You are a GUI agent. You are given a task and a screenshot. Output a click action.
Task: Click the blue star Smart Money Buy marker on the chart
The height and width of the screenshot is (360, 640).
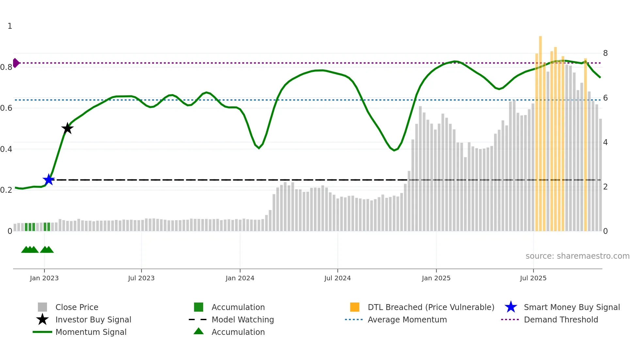point(49,180)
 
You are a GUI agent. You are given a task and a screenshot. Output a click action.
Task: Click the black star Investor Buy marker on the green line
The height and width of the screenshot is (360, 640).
point(67,128)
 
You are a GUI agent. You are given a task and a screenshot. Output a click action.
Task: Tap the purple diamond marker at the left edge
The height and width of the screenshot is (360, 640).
point(16,63)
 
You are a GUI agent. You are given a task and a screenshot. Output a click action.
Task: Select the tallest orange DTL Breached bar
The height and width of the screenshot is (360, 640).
point(540,131)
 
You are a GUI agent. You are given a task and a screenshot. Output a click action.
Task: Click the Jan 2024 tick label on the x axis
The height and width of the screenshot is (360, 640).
point(240,278)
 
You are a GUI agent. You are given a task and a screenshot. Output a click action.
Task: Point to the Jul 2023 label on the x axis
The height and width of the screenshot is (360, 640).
point(141,278)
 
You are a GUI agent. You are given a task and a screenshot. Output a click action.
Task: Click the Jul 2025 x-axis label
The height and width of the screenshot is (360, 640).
point(533,278)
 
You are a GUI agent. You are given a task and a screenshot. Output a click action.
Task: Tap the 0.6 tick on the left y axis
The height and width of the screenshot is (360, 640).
point(7,108)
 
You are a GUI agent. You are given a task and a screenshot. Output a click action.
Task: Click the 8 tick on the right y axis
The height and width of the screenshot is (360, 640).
point(605,53)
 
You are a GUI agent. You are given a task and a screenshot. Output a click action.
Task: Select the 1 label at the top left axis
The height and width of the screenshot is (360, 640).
point(10,26)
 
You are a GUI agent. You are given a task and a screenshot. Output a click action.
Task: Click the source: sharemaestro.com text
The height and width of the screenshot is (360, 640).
point(577,256)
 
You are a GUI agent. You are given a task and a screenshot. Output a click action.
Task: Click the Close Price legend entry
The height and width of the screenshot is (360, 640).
point(77,307)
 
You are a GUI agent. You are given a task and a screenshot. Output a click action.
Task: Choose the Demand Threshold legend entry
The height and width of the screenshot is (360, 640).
point(561,319)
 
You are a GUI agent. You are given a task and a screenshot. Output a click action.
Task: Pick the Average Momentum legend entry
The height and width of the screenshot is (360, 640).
point(407,319)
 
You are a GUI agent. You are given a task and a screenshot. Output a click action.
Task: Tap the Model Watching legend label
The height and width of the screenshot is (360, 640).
point(243,319)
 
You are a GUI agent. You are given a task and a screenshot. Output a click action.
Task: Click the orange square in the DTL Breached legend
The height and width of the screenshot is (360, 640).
point(355,307)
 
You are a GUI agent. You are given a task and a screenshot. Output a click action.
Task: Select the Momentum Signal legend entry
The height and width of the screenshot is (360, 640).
point(91,332)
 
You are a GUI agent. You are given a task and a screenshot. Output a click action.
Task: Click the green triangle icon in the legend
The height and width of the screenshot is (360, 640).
point(199,331)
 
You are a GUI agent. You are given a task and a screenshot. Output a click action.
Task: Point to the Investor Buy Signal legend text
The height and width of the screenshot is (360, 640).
point(93,319)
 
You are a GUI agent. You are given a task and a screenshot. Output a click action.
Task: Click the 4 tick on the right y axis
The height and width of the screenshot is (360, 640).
point(605,142)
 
